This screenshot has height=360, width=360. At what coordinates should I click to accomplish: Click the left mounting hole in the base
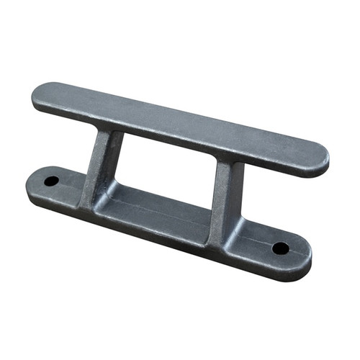[x=51, y=181]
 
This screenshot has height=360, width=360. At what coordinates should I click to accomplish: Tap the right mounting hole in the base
[x=280, y=248]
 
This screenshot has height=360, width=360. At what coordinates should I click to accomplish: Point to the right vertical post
[x=225, y=194]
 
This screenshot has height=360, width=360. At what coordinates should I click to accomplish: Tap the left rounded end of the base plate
[x=33, y=184]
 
